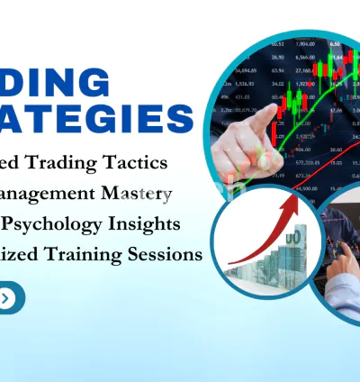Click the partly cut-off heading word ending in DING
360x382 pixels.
click(x=58, y=83)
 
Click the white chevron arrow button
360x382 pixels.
click(x=7, y=297)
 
